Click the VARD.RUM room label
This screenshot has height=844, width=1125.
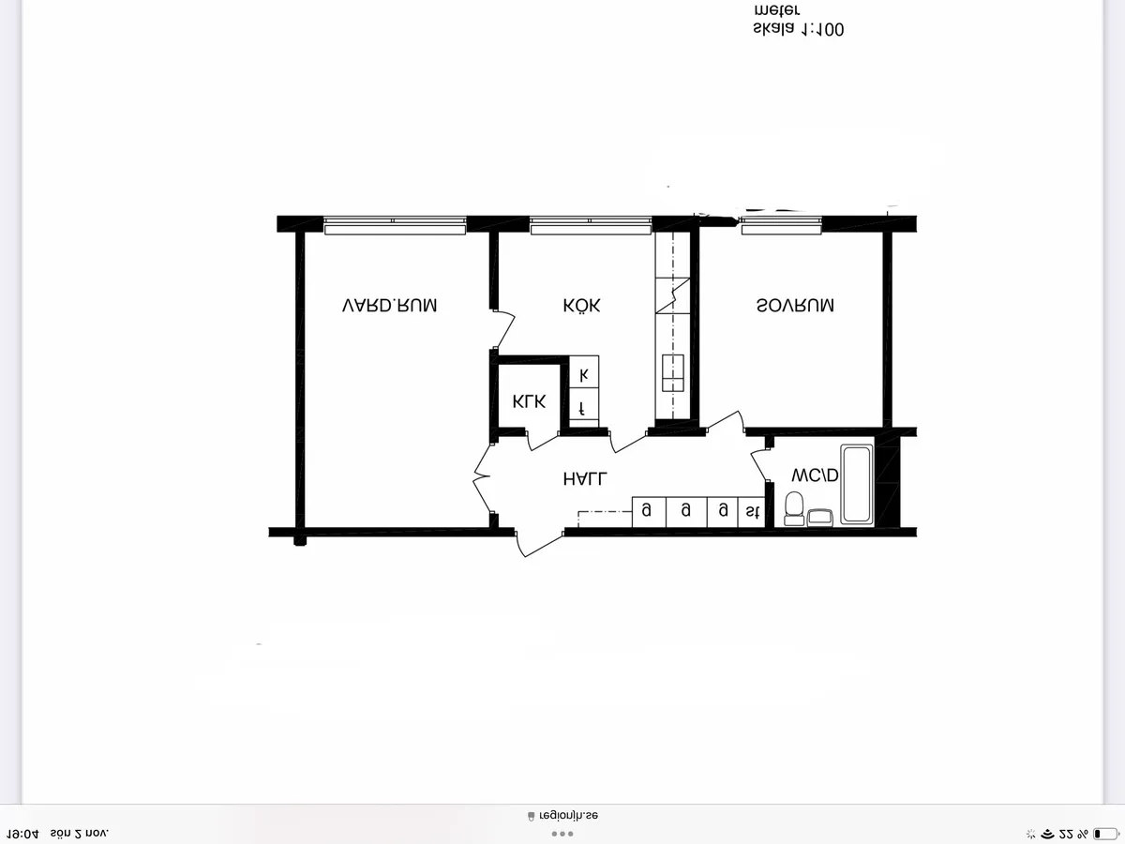[x=389, y=306]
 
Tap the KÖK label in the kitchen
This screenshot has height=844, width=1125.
[x=581, y=306]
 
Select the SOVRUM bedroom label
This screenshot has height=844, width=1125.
[x=795, y=306]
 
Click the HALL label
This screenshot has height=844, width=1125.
[x=585, y=478]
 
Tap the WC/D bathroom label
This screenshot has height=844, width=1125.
[x=814, y=475]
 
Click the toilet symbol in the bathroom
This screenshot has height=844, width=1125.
[x=794, y=507]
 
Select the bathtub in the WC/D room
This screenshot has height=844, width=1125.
[x=856, y=484]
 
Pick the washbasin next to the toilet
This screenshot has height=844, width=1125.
[x=821, y=516]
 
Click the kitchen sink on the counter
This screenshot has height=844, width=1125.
[x=673, y=372]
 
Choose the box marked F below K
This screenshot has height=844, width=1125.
[x=584, y=409]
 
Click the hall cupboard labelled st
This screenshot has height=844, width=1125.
[x=752, y=511]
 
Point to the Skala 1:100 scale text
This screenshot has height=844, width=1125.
[x=798, y=30]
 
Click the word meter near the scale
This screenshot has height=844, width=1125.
[x=776, y=10]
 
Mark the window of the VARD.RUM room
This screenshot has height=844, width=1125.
[x=395, y=225]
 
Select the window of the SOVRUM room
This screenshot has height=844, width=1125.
[x=781, y=225]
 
